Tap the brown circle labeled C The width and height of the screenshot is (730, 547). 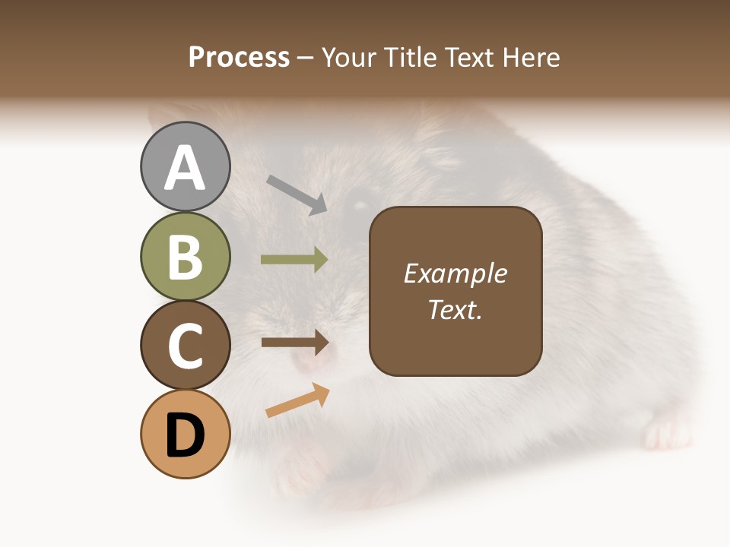click(x=185, y=345)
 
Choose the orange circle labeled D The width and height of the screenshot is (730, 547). click(x=185, y=434)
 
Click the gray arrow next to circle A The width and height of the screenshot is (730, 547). click(x=297, y=194)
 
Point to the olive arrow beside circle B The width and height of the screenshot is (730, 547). click(x=295, y=260)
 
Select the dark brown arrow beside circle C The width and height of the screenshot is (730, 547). click(x=295, y=343)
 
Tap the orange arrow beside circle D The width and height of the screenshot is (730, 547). click(x=297, y=400)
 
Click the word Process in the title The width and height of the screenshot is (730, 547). click(x=239, y=57)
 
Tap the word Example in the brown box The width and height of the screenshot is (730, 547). click(x=455, y=273)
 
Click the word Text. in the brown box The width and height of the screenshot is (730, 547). click(x=455, y=309)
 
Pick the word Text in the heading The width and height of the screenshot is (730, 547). click(x=470, y=57)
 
